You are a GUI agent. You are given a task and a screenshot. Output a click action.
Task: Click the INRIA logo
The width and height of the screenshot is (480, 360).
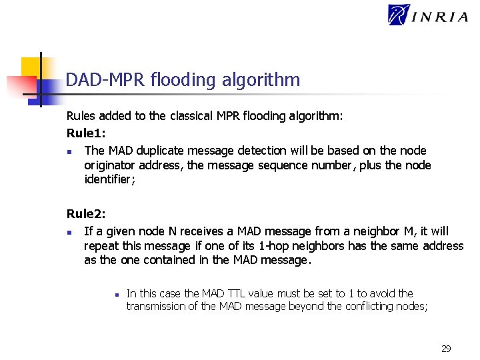(x=428, y=15)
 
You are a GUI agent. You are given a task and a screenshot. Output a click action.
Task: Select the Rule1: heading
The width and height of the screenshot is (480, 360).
(x=86, y=133)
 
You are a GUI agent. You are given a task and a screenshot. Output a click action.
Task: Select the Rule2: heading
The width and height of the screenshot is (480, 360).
(x=86, y=214)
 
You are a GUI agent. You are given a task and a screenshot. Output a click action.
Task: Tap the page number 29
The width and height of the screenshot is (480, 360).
(x=446, y=348)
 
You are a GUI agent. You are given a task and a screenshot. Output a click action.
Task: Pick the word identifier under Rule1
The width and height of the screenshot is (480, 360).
(x=109, y=179)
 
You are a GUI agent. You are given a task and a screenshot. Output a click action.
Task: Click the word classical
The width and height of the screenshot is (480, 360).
(x=191, y=116)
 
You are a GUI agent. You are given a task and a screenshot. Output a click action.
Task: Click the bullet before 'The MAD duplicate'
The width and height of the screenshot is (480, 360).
(x=69, y=151)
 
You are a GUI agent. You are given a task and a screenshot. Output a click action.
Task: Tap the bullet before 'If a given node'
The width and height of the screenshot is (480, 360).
(x=69, y=232)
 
